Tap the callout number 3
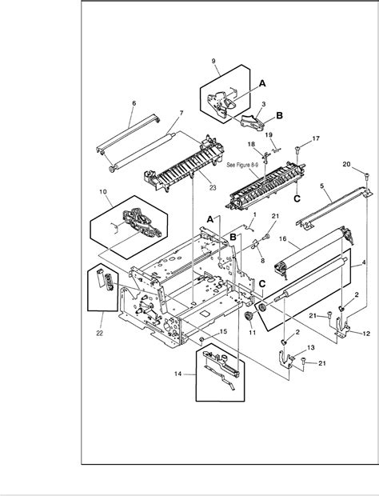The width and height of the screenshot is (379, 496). tap(263, 105)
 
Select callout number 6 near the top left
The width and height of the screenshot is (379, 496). tap(134, 103)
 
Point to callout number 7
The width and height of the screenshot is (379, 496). tap(182, 113)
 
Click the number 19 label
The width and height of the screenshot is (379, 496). tap(269, 135)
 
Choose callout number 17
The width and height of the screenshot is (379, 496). tap(316, 139)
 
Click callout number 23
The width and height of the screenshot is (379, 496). tap(213, 188)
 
